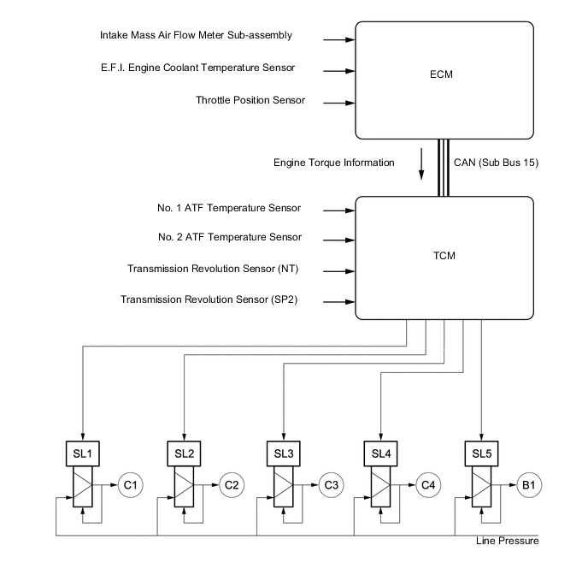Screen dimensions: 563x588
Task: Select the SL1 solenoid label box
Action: click(x=84, y=451)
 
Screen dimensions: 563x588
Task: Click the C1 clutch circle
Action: click(x=131, y=484)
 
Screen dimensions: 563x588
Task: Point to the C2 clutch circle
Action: click(x=232, y=484)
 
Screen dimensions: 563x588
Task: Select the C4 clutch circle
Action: click(x=431, y=484)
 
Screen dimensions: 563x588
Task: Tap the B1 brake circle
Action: click(x=529, y=484)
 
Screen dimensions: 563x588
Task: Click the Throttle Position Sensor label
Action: click(x=250, y=101)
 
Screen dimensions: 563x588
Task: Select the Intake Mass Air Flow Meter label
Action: click(x=196, y=36)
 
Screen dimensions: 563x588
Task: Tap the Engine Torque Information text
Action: click(x=333, y=162)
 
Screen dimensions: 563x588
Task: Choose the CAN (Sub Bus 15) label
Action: click(x=496, y=162)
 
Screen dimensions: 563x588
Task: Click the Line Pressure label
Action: click(x=508, y=541)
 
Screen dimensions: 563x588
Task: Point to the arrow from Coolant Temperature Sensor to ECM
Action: click(x=338, y=69)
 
